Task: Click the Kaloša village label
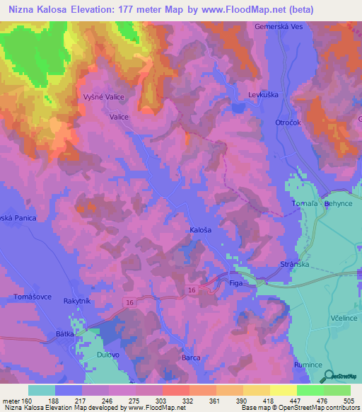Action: [x=201, y=231]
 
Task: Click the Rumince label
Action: [x=308, y=364]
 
